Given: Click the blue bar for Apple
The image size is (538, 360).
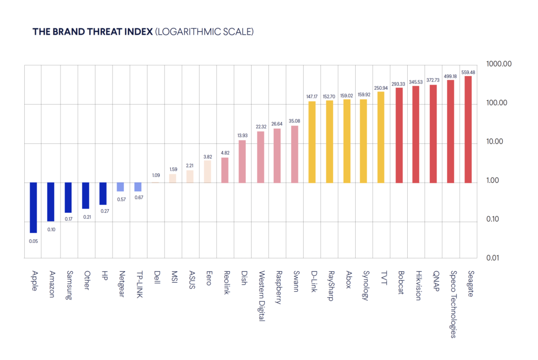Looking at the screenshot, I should [33, 208].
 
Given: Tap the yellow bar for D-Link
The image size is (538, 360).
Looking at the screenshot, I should [312, 142].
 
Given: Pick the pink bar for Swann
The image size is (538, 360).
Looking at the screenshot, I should [295, 154].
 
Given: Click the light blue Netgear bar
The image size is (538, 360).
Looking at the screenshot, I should [120, 187].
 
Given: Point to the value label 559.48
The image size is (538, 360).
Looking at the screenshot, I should [468, 72].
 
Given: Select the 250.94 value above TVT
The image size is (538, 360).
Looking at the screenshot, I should [381, 88].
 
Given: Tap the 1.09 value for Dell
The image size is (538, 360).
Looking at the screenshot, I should [156, 175].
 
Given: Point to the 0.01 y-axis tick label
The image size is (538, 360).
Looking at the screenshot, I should [500, 258].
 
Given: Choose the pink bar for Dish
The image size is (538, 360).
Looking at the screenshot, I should [242, 161].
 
